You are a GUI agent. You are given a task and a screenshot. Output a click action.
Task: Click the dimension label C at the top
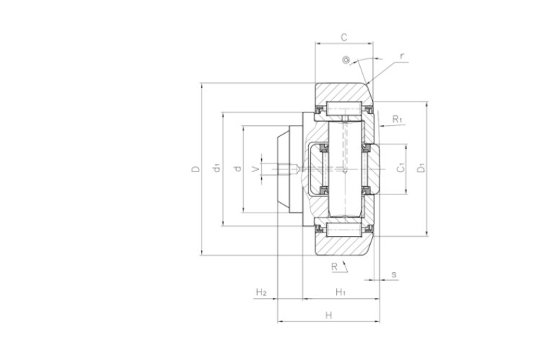tap(343, 37)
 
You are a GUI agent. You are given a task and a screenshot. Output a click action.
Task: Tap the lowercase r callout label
tap(402, 56)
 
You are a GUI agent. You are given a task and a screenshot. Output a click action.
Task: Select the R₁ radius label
tap(397, 120)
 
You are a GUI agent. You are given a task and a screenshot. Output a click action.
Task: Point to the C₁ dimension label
tap(400, 168)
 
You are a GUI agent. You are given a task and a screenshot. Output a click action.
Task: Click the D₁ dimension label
tap(421, 168)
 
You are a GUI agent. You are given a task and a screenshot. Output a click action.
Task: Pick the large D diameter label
tap(195, 169)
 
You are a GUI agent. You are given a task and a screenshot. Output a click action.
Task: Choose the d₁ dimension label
tap(217, 168)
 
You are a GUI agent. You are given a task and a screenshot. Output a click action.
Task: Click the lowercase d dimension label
tap(238, 168)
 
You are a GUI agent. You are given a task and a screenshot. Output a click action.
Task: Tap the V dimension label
tap(255, 168)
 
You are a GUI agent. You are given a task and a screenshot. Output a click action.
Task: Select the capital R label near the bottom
tap(334, 266)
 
